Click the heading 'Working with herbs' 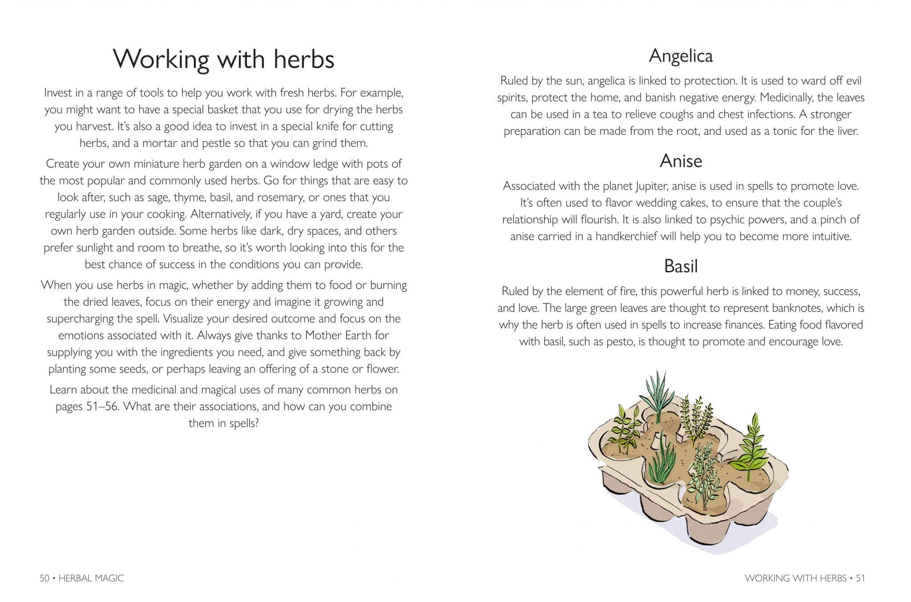[x=223, y=59]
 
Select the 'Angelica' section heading [x=681, y=56]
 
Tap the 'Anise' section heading [x=681, y=161]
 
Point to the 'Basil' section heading [x=681, y=267]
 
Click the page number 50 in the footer [x=44, y=578]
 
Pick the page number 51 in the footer [x=860, y=578]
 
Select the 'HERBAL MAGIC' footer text [x=91, y=578]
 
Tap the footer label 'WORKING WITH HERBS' [x=796, y=578]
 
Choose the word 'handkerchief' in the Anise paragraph [x=627, y=236]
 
